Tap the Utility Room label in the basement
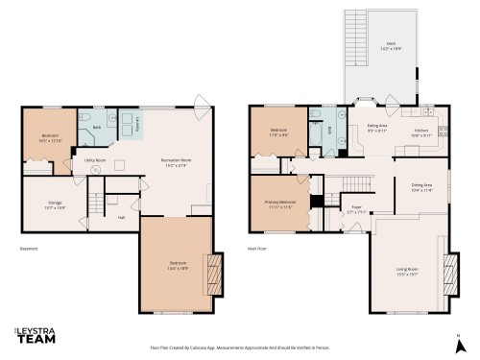pyautogui.click(x=94, y=160)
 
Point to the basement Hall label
pyautogui.click(x=121, y=217)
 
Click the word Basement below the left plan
pyautogui.click(x=32, y=250)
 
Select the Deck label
pyautogui.click(x=391, y=44)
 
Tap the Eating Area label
pyautogui.click(x=377, y=128)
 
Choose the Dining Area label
pyautogui.click(x=421, y=187)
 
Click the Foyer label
pyautogui.click(x=355, y=208)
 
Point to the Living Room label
pyautogui.click(x=409, y=272)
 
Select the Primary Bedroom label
pyautogui.click(x=280, y=204)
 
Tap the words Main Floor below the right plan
pyautogui.click(x=257, y=250)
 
